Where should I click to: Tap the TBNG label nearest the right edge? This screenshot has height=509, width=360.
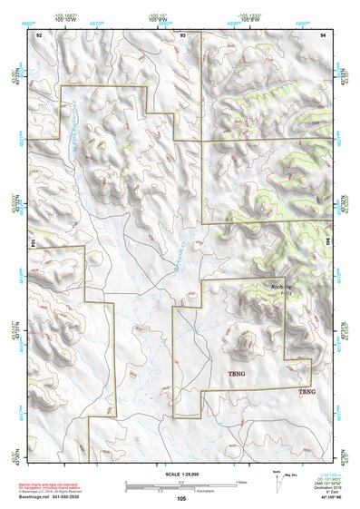[x=307, y=391]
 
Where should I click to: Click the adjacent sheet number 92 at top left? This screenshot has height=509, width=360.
[x=39, y=34]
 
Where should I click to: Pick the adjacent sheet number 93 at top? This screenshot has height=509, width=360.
[x=182, y=34]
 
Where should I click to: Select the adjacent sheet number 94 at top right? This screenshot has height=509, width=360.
[x=323, y=34]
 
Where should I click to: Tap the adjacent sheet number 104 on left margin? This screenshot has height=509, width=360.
[x=34, y=243]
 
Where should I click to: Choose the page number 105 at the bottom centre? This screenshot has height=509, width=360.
[x=181, y=499]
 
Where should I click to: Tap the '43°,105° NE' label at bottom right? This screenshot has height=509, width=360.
[x=320, y=497]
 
